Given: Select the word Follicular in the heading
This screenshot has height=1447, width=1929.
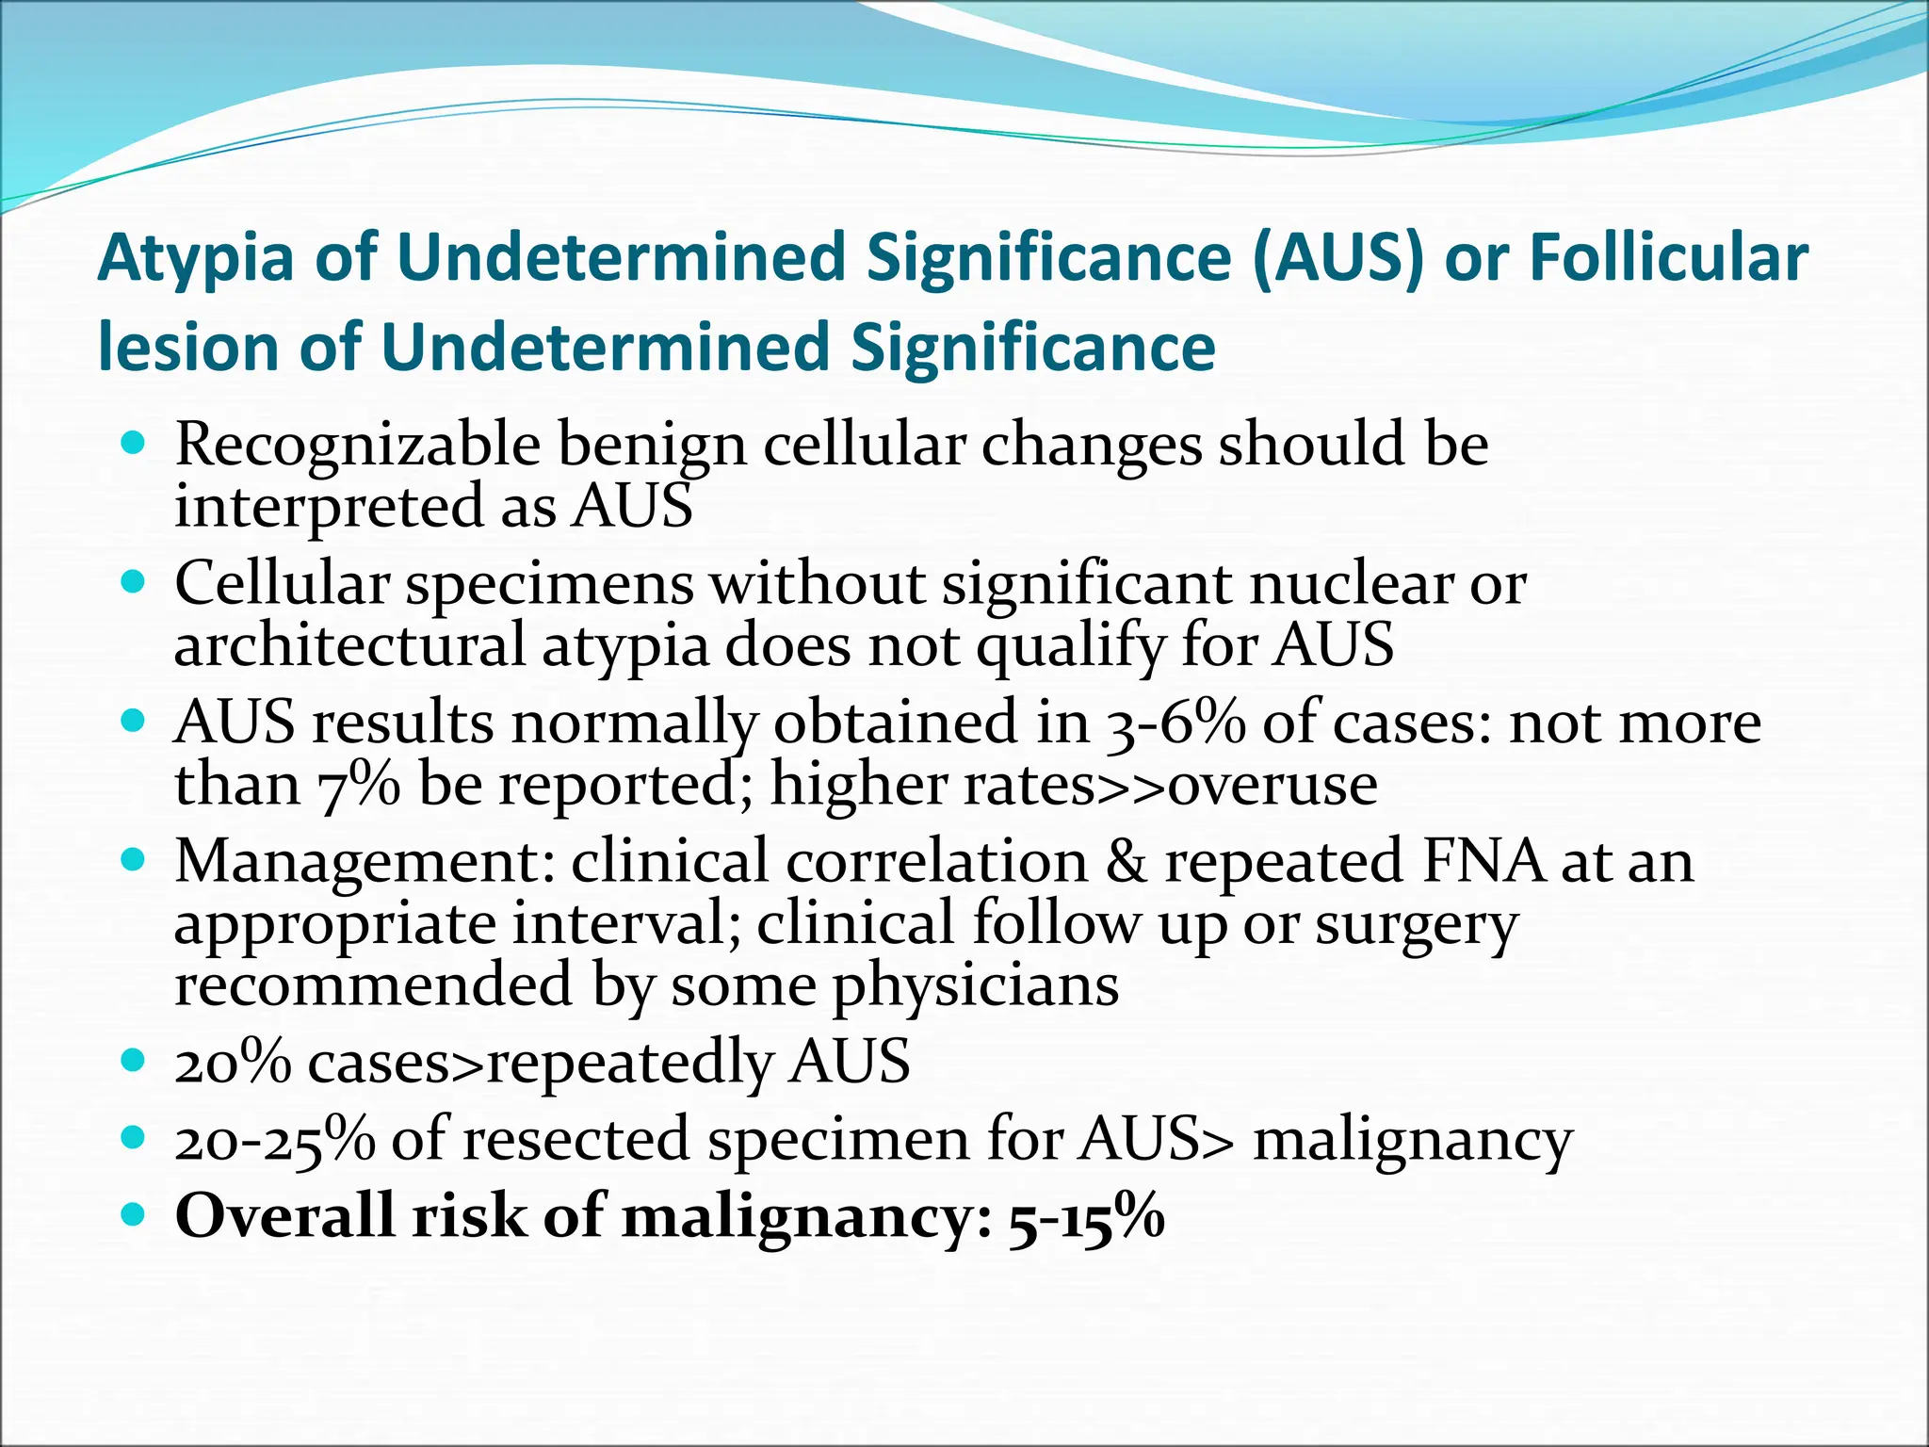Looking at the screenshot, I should click(x=1668, y=257).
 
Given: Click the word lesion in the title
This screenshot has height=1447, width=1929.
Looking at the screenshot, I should click(x=189, y=348).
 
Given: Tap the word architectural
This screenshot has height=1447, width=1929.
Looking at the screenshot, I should click(x=349, y=646).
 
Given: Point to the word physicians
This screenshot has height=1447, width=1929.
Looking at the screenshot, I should click(x=976, y=986).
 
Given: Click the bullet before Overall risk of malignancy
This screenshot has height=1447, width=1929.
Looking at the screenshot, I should click(x=134, y=1214).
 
